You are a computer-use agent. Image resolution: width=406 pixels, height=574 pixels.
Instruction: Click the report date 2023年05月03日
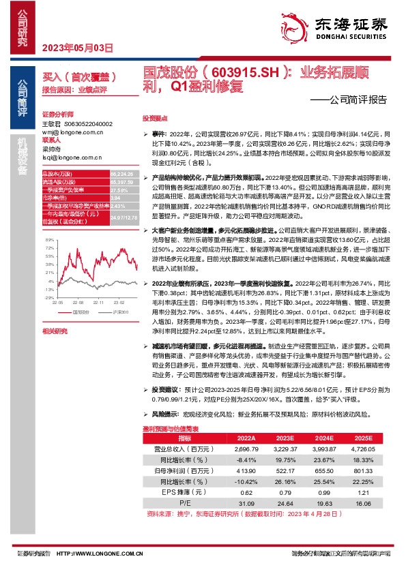pyautogui.click(x=76, y=48)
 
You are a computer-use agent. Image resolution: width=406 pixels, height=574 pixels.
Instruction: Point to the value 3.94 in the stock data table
pyautogui.click(x=115, y=198)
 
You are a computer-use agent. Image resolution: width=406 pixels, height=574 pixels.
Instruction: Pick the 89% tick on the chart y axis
pyautogui.click(x=49, y=240)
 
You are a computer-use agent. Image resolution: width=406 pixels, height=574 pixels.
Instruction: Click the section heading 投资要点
pyautogui.click(x=154, y=118)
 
